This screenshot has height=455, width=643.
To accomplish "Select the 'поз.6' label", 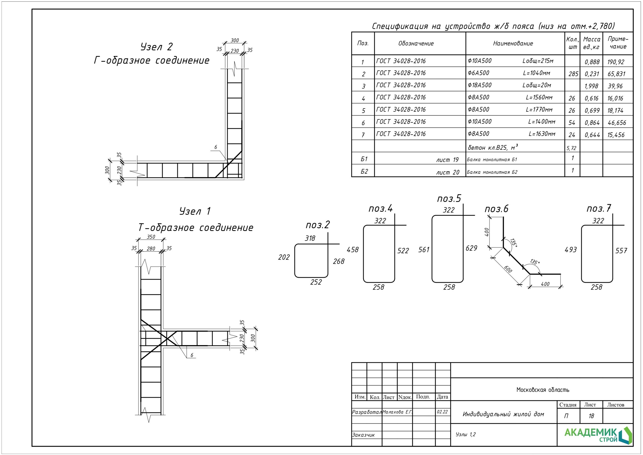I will (x=496, y=209).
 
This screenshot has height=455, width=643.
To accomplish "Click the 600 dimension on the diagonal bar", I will (x=508, y=269).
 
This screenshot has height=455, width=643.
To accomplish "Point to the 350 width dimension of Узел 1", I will (x=151, y=237).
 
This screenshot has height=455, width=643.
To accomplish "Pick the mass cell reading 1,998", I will (x=591, y=86).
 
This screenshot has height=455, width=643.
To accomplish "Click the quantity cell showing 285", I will (x=573, y=74).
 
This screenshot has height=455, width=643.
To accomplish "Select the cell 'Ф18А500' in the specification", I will (x=479, y=85).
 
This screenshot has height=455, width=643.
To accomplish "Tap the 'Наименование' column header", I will (x=513, y=43).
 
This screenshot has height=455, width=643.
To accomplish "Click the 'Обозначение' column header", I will (x=416, y=43).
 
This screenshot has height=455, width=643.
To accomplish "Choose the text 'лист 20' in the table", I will (x=448, y=172).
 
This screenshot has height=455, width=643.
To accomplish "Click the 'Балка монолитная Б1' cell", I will (x=492, y=160).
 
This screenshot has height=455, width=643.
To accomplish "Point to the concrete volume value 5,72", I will (x=571, y=148).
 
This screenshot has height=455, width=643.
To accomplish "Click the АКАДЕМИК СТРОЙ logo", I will (x=598, y=435).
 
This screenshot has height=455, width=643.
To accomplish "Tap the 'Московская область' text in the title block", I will (x=543, y=390).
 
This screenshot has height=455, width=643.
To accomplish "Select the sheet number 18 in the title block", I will (x=591, y=416).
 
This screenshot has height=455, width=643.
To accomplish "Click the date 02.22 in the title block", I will (x=442, y=412).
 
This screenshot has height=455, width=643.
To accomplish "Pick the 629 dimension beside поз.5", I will (x=471, y=248).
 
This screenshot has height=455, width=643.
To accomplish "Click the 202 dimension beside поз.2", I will (x=284, y=257).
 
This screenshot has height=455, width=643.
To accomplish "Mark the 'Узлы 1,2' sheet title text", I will (x=465, y=434).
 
